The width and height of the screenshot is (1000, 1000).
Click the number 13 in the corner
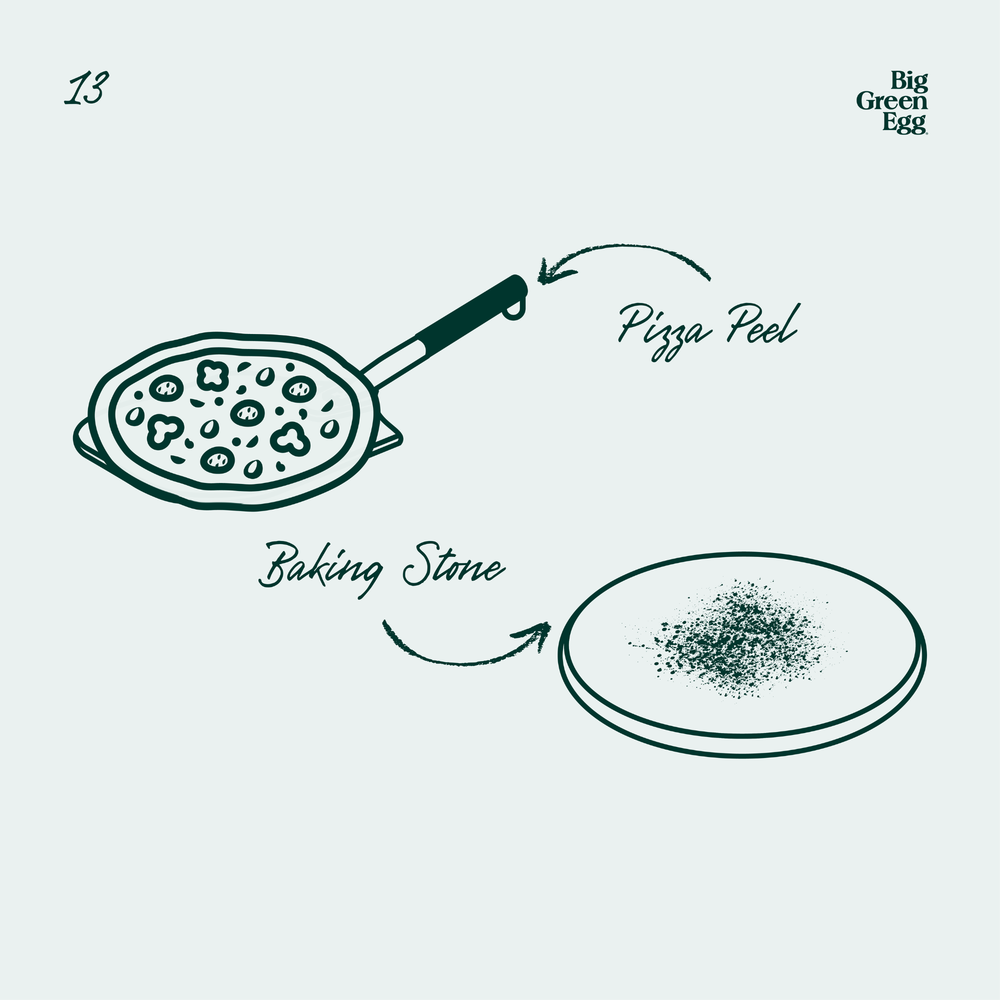tap(86, 88)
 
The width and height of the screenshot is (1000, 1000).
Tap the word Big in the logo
tap(909, 80)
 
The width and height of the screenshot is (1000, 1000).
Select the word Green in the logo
tap(892, 101)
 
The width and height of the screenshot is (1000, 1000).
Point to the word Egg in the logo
tap(903, 123)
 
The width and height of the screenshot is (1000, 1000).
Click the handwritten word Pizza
tap(663, 330)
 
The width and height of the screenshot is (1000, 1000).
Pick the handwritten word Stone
tap(453, 568)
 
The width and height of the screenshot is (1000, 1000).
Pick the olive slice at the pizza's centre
tap(247, 412)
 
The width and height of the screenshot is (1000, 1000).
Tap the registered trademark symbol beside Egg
tap(926, 133)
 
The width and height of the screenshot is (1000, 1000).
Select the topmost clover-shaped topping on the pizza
tap(212, 374)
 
